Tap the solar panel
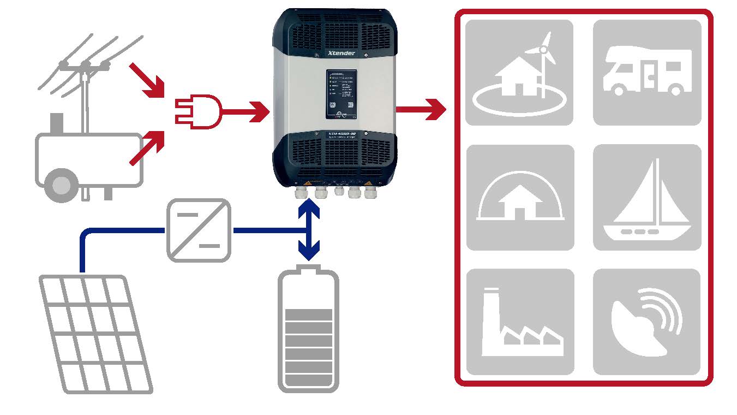coord(95,333)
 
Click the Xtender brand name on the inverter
coord(342,53)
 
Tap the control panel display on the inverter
coord(342,93)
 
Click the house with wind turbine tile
coord(519,73)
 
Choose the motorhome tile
coord(647,73)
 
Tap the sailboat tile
coord(647,198)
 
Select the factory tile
coord(519,322)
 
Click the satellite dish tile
coord(647,322)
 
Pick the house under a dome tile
coord(519,198)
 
